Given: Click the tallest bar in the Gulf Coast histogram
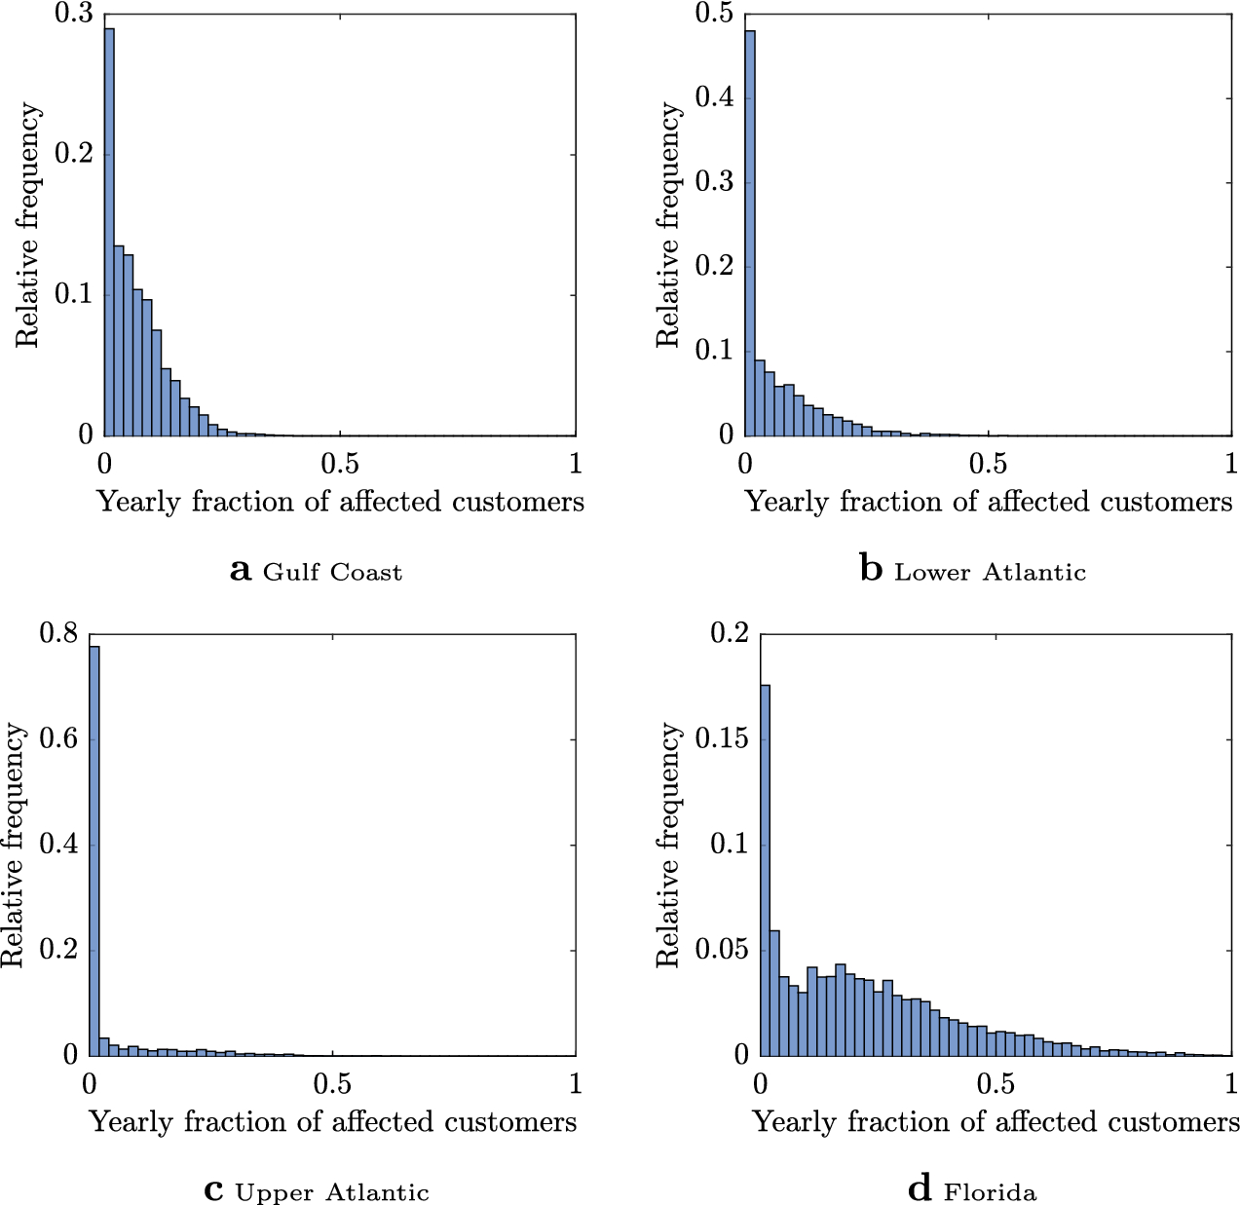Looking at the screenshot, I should click(x=109, y=234).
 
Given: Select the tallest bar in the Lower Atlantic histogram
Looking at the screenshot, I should click(x=750, y=234).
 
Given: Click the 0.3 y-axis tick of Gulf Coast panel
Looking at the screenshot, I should click(x=72, y=15).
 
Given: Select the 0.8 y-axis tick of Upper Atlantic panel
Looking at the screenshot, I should click(x=58, y=634).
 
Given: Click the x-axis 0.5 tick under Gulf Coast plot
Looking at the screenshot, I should click(x=340, y=463).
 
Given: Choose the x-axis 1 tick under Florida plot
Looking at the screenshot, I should click(x=1230, y=1083).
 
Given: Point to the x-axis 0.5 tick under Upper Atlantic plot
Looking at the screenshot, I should click(x=333, y=1083).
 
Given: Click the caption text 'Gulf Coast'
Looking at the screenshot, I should click(x=332, y=572).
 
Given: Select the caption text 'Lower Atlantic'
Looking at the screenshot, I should click(x=990, y=572).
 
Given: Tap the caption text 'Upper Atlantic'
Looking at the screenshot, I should click(x=332, y=1192).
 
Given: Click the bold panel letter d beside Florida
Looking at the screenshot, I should click(x=920, y=1190).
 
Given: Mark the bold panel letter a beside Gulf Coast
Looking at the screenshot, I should click(x=241, y=571).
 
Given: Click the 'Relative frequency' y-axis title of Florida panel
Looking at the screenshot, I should click(x=668, y=845).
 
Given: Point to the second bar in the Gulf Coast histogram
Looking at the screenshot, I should click(x=119, y=341).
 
